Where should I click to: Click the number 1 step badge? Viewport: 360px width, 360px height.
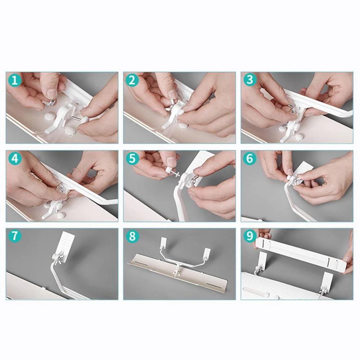pyautogui.click(x=15, y=80)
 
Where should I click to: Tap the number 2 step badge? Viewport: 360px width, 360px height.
pyautogui.click(x=132, y=80)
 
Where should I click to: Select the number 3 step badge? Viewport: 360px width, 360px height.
pyautogui.click(x=250, y=80)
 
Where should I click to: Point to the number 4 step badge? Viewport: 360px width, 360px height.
pyautogui.click(x=15, y=159)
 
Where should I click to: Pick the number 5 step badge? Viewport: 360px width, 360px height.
pyautogui.click(x=132, y=159)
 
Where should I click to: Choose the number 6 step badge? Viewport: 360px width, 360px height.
pyautogui.click(x=250, y=159)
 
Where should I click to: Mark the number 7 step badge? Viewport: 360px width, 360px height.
pyautogui.click(x=15, y=236)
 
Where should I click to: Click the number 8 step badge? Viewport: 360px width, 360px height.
pyautogui.click(x=132, y=236)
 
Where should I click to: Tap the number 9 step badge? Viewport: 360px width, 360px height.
pyautogui.click(x=250, y=236)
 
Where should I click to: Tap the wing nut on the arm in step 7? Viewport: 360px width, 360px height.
pyautogui.click(x=60, y=261)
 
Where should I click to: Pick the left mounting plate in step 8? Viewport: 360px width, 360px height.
pyautogui.click(x=164, y=242)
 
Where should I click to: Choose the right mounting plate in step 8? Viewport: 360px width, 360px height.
pyautogui.click(x=206, y=252)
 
